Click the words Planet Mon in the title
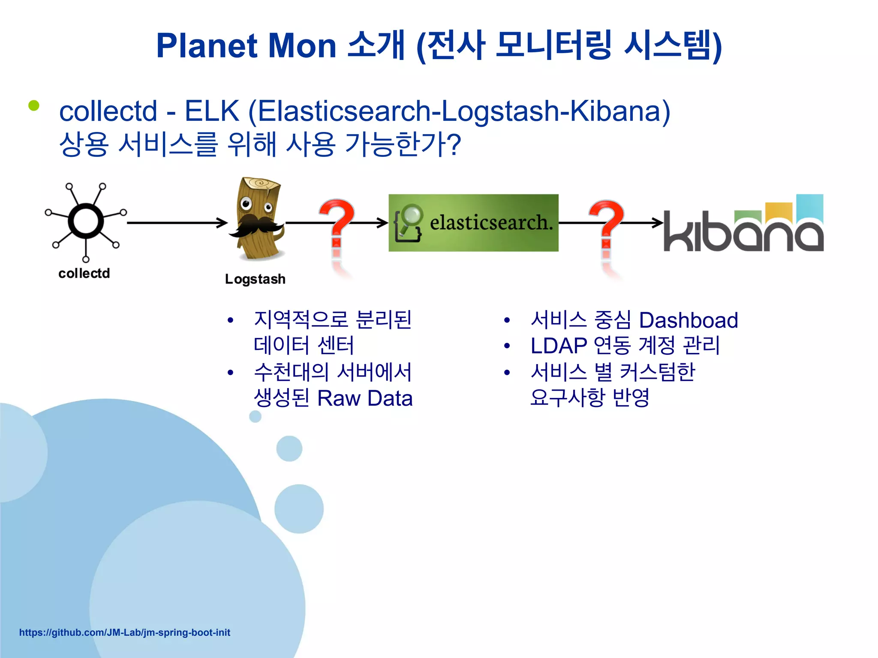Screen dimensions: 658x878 click(x=246, y=46)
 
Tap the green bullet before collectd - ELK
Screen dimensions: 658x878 click(x=34, y=105)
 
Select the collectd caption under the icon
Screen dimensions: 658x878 click(x=84, y=273)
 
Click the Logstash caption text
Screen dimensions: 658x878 click(x=255, y=279)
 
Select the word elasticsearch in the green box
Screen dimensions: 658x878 click(x=491, y=223)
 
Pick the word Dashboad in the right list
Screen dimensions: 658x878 click(x=688, y=320)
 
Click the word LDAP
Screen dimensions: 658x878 click(x=558, y=346)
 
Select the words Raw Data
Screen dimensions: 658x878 click(x=365, y=398)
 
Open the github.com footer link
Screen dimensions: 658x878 click(x=124, y=632)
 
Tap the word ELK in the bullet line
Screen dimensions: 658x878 click(x=211, y=111)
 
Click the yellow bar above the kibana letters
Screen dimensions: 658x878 click(x=779, y=211)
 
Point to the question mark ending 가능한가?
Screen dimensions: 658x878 click(x=453, y=144)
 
